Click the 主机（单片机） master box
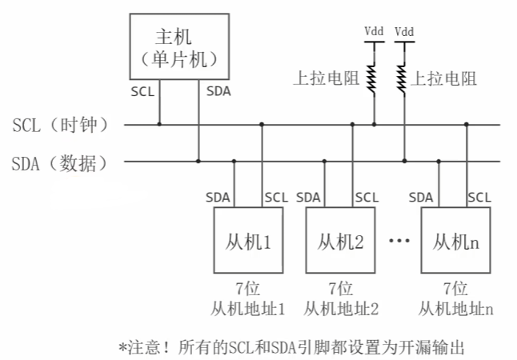[179, 46]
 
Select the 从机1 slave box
[248, 240]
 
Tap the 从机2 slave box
[340, 240]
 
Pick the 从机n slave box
[455, 240]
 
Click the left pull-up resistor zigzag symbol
[371, 78]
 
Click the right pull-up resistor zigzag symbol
[402, 78]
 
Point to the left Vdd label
[374, 31]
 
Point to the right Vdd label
[404, 32]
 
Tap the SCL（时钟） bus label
[61, 125]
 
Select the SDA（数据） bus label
[60, 163]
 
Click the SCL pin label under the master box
[142, 92]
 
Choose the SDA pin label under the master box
[218, 91]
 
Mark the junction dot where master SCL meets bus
[159, 124]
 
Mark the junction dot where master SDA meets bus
[198, 162]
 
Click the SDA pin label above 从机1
[218, 198]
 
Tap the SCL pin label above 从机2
[367, 198]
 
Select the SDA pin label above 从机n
[421, 198]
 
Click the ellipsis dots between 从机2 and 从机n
[399, 240]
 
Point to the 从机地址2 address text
[341, 310]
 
